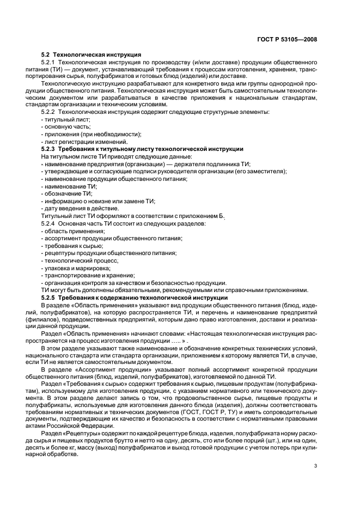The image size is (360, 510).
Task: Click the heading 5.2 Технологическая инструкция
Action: (91, 54)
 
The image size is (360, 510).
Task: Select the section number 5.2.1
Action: (50, 63)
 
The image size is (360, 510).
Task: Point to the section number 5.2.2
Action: (50, 112)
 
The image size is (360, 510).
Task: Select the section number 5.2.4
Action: (50, 223)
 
